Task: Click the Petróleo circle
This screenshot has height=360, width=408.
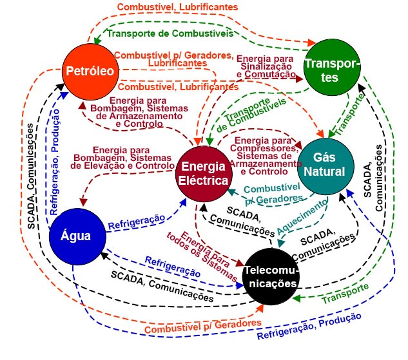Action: click(x=88, y=70)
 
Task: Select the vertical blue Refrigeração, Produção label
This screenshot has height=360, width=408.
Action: click(x=57, y=155)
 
